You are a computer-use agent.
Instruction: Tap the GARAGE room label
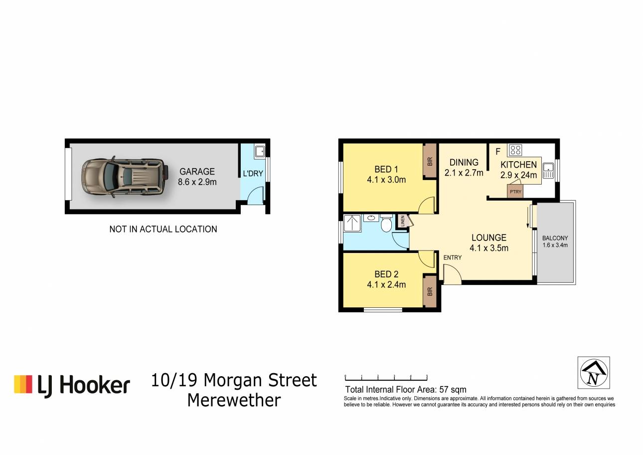coord(197,172)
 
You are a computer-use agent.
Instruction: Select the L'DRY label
coord(253,174)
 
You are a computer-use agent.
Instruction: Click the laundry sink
coord(260,151)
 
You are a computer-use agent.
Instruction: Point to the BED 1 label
coord(386,169)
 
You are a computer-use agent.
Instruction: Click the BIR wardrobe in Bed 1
coord(430,161)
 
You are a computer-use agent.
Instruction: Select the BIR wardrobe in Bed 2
coord(430,291)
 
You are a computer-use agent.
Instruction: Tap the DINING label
coord(464,162)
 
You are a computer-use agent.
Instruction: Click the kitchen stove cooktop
coord(515,150)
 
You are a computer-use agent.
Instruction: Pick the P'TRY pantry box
coord(515,191)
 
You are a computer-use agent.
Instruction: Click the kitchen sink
coord(548,171)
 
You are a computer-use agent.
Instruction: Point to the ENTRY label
coord(453,257)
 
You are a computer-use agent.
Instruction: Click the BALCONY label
coord(555,238)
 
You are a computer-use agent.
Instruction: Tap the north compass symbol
coord(594,373)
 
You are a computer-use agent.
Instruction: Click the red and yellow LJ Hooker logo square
coord(23,384)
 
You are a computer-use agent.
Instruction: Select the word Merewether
coord(234,400)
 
